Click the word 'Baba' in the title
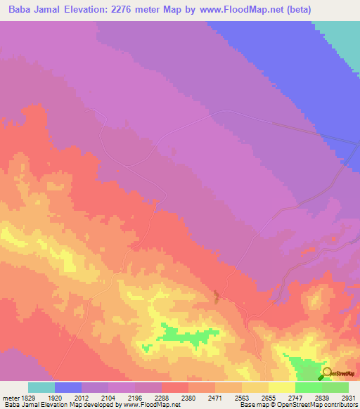(23, 10)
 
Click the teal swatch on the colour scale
(41, 387)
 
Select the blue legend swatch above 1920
(68, 387)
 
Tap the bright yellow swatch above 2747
(282, 387)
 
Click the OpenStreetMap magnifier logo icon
(326, 372)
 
